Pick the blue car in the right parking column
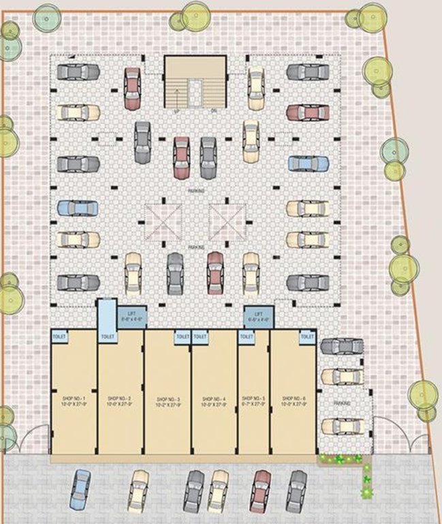[307, 164]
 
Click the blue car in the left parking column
[77, 208]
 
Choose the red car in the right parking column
[307, 113]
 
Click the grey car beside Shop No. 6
[342, 346]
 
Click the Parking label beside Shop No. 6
[342, 404]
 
